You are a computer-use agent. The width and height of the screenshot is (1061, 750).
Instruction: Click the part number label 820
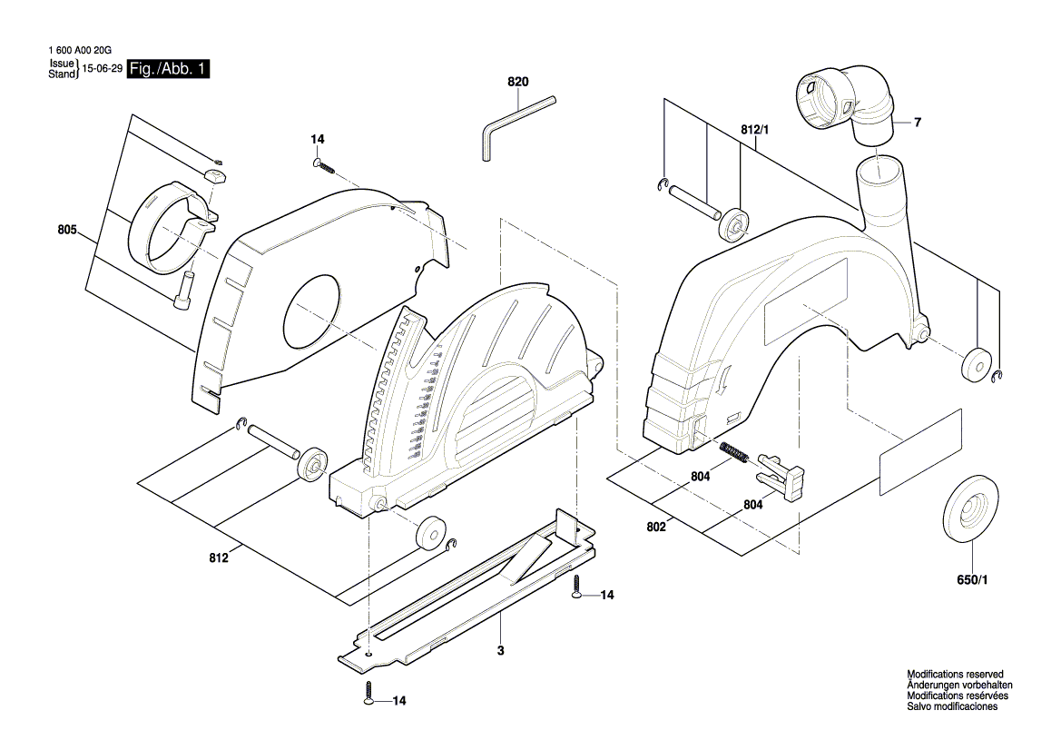pos(517,82)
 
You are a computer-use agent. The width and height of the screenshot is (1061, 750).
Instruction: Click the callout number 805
pos(66,230)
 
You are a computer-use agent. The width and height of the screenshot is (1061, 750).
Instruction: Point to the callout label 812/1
pos(754,131)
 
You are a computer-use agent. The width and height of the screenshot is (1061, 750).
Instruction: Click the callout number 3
pos(500,651)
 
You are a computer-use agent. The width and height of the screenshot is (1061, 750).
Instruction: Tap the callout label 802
pos(656,526)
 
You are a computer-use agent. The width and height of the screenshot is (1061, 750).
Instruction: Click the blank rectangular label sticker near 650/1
pos(919,452)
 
